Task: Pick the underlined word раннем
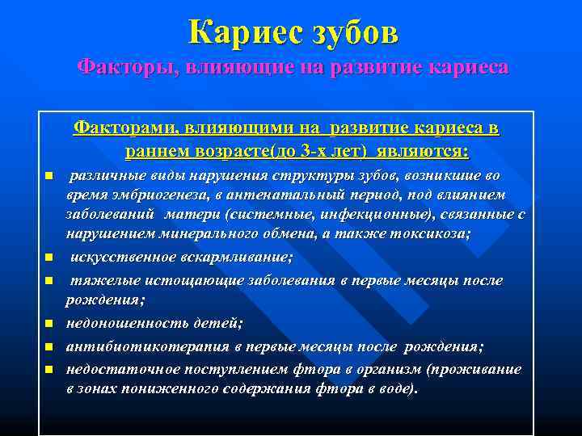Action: coord(176,151)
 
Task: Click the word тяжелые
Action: coord(103,280)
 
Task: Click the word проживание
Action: coord(480,369)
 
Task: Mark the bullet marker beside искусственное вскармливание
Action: coord(48,258)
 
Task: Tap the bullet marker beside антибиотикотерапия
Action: coord(48,347)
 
